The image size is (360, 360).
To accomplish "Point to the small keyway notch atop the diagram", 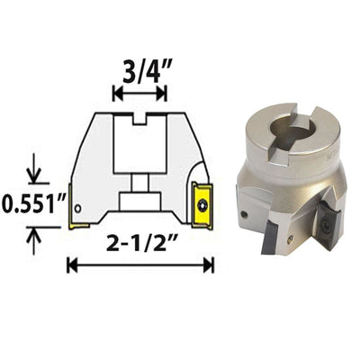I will [139, 118].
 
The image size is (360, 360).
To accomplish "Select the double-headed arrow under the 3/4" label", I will [139, 94].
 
